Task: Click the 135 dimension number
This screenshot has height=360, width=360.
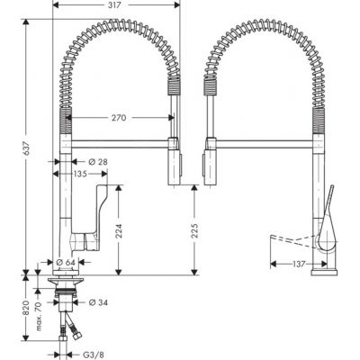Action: click(x=79, y=175)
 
